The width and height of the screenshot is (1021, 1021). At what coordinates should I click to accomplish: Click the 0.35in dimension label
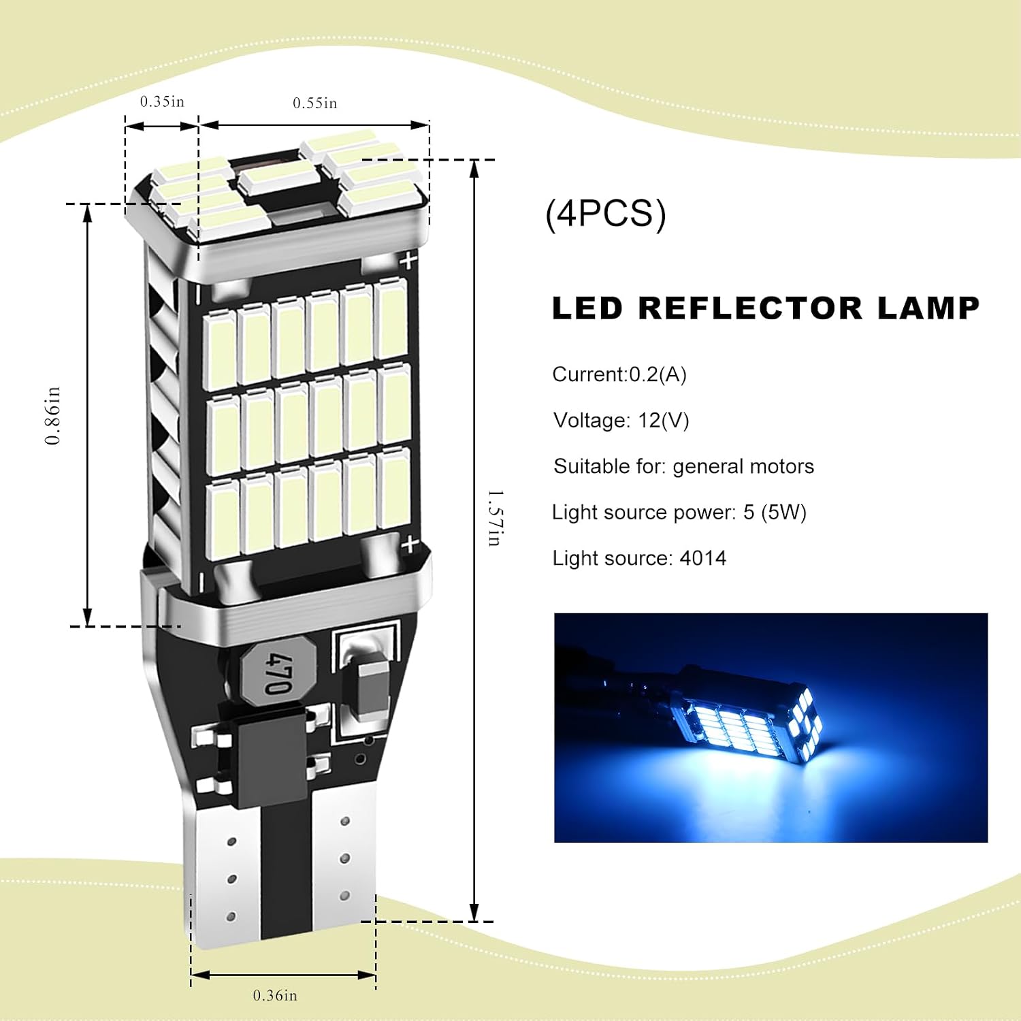click(162, 101)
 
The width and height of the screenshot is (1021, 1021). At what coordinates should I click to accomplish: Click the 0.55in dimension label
click(314, 103)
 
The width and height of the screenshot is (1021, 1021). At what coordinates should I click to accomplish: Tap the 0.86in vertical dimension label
click(53, 415)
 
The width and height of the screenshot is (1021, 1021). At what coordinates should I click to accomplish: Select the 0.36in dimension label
click(275, 995)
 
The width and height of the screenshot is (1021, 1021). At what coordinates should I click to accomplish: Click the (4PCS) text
click(606, 214)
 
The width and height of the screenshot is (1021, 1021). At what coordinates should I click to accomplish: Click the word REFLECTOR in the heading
click(751, 308)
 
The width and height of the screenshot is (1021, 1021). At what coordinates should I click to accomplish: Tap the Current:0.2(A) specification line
click(619, 374)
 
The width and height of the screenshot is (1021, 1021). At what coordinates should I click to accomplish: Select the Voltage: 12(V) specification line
click(621, 420)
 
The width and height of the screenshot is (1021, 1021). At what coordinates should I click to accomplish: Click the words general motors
click(743, 466)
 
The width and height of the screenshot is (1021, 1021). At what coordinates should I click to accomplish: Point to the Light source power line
click(679, 512)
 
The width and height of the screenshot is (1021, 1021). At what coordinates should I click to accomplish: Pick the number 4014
click(703, 558)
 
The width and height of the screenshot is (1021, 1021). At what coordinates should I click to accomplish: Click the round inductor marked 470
click(278, 673)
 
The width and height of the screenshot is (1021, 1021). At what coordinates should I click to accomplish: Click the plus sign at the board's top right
click(408, 260)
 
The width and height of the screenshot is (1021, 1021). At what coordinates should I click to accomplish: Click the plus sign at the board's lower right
click(409, 544)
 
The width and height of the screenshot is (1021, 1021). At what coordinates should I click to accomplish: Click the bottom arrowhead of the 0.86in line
click(87, 617)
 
